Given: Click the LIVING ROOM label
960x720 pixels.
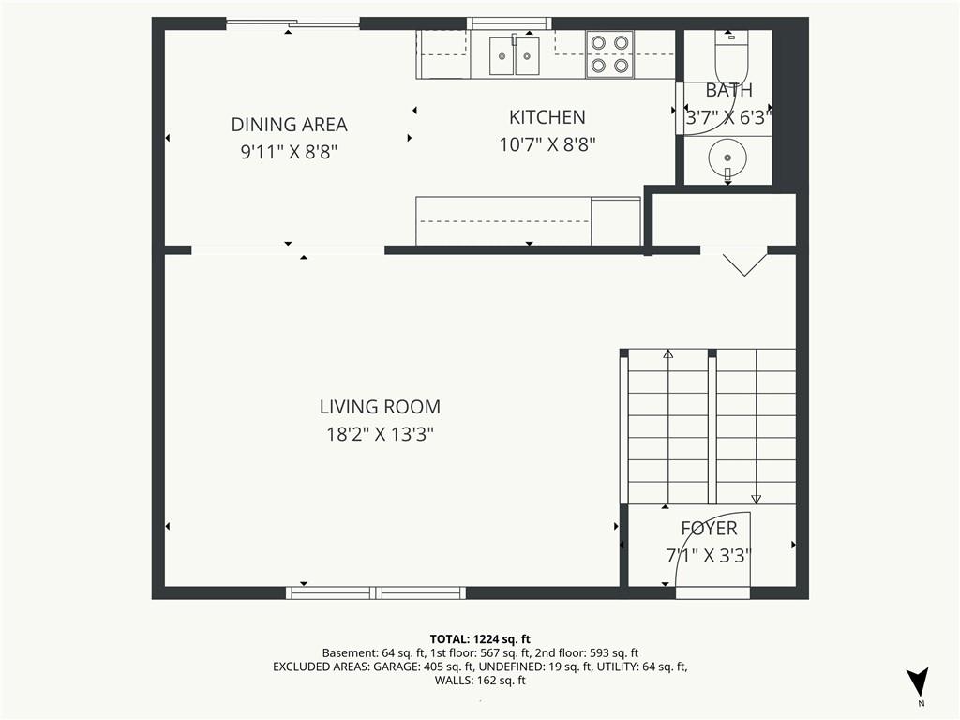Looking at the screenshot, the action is point(380,407).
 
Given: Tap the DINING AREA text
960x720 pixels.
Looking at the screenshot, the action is point(289,125).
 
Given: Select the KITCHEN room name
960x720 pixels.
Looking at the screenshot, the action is point(547,117).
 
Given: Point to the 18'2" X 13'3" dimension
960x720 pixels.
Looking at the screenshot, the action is point(380,434).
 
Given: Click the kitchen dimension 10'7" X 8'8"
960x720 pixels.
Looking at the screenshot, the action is point(547,144).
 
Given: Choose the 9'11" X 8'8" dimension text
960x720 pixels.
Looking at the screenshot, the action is point(289,151).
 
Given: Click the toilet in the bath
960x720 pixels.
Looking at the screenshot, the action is point(731,55).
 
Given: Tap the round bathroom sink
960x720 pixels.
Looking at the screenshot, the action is point(727,157).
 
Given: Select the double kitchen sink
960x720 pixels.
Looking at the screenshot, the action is point(515,55).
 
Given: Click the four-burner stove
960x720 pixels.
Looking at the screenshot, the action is point(609,54).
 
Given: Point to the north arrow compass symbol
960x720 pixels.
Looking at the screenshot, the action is point(918,682).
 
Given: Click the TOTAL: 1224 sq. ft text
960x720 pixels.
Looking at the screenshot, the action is point(480,639).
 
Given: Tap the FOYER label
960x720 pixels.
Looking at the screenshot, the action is point(709,528).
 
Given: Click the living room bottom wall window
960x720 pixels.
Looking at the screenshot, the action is point(376,592).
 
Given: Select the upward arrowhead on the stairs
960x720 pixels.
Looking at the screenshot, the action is point(667,353).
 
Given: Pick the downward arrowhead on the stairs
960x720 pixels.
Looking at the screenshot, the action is point(757,499).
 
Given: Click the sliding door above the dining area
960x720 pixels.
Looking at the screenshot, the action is point(292,23).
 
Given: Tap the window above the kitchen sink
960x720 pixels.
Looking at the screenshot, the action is point(509,23).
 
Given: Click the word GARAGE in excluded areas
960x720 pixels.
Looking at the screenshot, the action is point(397,667).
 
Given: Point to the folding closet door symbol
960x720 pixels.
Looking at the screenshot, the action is point(744,264).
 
